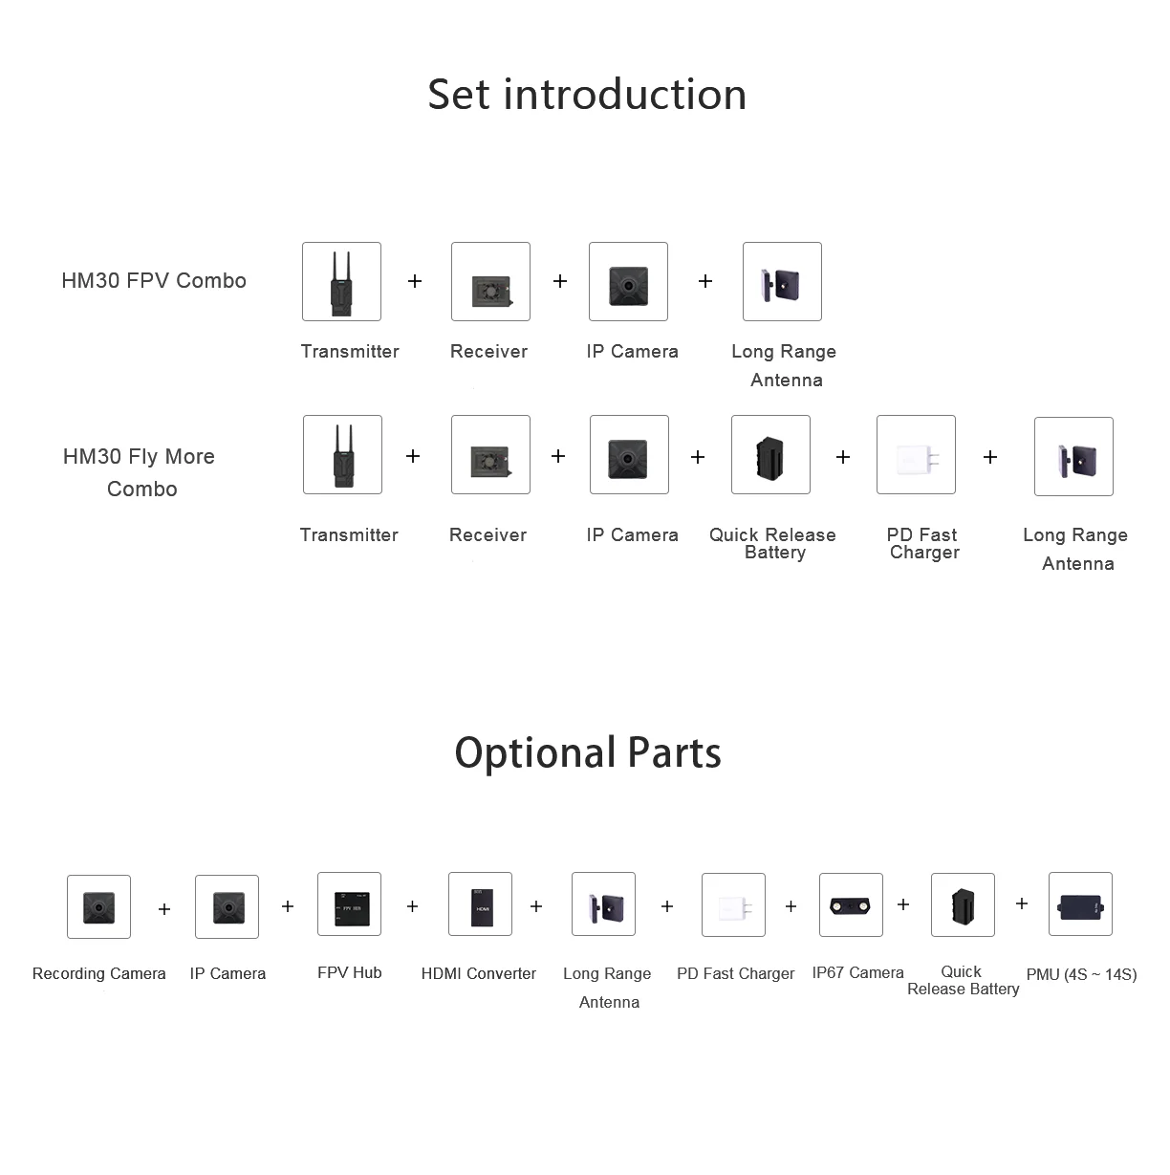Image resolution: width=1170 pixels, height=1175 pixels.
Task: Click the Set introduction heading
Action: pos(587,95)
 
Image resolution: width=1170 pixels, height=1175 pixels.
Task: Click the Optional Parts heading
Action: pos(588,752)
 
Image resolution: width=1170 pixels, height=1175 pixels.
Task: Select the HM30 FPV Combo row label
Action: pos(154,280)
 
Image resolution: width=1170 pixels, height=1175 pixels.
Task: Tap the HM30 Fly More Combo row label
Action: pos(140,472)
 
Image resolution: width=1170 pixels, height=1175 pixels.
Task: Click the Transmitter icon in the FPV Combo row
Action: pos(341,281)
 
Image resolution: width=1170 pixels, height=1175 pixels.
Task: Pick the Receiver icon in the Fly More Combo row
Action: pos(490,454)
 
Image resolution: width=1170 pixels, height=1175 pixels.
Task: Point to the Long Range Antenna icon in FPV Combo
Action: pos(782,281)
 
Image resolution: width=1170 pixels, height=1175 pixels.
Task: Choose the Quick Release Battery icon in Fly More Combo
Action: pos(770,454)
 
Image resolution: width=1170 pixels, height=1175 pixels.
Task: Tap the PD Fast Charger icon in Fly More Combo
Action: pos(916,454)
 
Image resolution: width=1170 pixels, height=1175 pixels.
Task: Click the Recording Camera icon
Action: pos(98,906)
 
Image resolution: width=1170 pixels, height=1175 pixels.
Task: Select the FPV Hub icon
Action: pos(349,903)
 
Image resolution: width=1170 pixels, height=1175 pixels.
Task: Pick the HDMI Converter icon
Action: pos(480,903)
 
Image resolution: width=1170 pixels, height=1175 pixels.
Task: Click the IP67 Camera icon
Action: pos(851,904)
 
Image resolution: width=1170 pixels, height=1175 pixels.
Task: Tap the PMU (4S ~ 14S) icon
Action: pos(1080,903)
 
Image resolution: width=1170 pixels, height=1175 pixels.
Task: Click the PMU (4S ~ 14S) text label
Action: pos(1081,974)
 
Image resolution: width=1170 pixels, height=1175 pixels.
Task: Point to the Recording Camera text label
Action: pos(99,973)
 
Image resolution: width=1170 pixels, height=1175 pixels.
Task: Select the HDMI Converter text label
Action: pos(478,973)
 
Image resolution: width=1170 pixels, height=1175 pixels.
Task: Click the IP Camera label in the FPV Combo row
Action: pos(632,351)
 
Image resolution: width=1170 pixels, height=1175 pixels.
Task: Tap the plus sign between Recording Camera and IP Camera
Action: pos(164,908)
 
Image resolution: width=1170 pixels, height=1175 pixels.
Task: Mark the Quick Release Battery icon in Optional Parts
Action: pos(963,904)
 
